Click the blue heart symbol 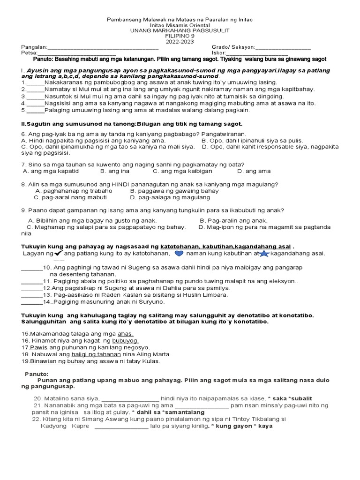coord(179,254)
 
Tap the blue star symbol coord(264,254)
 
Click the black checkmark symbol coord(59,253)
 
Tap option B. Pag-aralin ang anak coord(233,220)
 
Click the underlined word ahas coord(126,334)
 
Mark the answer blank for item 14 coord(32,302)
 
